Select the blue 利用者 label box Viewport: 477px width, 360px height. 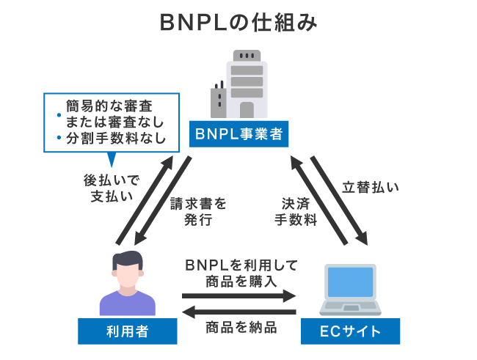[x=127, y=331]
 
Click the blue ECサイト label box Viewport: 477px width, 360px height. [x=349, y=331]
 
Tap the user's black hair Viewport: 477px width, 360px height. [x=128, y=257]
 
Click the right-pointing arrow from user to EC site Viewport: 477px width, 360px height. [x=239, y=297]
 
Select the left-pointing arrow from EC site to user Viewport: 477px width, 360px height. [x=239, y=312]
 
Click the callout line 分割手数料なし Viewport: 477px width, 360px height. [x=115, y=137]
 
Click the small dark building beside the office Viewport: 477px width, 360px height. [x=218, y=102]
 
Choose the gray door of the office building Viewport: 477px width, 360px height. [x=247, y=109]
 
